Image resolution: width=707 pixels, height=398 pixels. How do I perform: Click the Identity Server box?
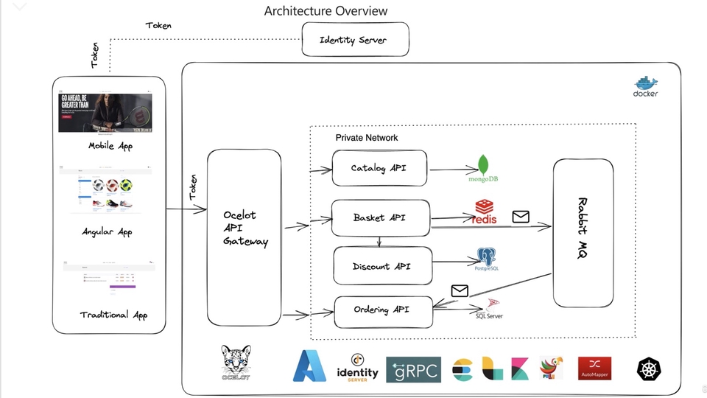(x=355, y=40)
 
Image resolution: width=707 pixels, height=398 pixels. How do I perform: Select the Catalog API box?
(x=379, y=169)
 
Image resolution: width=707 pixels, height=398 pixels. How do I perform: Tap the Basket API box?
(x=380, y=217)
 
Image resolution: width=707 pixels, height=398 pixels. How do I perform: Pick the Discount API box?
(x=382, y=265)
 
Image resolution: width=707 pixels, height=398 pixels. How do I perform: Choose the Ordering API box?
(x=381, y=310)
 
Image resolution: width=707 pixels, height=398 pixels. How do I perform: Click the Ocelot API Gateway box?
(x=245, y=228)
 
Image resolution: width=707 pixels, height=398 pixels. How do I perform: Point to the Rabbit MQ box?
(x=583, y=232)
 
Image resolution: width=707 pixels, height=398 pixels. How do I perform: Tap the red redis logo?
(x=485, y=212)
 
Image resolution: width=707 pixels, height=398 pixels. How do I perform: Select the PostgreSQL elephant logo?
(x=487, y=259)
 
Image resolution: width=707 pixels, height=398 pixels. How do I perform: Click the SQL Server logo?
(x=490, y=309)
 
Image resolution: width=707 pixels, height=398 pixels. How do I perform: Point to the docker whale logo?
(x=646, y=86)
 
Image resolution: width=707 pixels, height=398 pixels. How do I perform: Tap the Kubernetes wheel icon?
(x=650, y=369)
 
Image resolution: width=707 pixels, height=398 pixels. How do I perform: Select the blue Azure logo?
(x=309, y=366)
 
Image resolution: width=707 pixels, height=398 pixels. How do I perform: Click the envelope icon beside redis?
(x=521, y=217)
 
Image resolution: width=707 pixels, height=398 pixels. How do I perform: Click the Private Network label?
(x=367, y=138)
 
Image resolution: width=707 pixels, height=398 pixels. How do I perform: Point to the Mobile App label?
(x=110, y=146)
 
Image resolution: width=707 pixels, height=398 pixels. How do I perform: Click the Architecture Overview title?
(x=326, y=11)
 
